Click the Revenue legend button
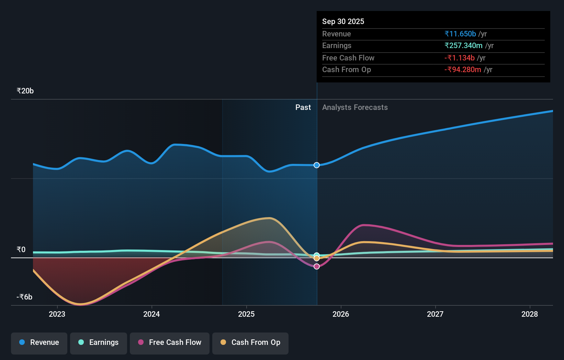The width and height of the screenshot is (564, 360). [x=39, y=342]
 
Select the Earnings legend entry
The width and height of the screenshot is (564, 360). [x=99, y=342]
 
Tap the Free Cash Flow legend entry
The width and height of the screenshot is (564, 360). [x=170, y=342]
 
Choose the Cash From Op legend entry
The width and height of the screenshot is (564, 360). [x=250, y=342]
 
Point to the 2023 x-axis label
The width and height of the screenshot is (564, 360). [x=57, y=314]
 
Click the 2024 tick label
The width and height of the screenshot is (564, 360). [x=151, y=314]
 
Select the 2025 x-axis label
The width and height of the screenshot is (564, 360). [x=246, y=314]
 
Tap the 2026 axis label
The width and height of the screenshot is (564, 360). [x=341, y=314]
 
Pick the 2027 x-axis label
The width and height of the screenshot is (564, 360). [x=435, y=314]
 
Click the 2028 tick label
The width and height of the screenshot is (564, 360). [x=530, y=314]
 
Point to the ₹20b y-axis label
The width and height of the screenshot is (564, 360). [x=25, y=91]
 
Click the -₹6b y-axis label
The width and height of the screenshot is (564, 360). [x=24, y=297]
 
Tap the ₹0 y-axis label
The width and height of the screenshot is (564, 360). [x=21, y=250]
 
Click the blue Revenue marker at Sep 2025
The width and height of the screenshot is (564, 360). [x=317, y=165]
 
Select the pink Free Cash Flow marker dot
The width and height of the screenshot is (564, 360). [x=317, y=267]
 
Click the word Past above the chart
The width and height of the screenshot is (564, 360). [x=303, y=108]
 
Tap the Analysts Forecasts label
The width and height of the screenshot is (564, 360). [x=355, y=108]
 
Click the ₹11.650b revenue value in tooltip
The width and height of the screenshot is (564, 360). [x=460, y=34]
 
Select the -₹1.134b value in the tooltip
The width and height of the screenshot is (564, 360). [x=459, y=58]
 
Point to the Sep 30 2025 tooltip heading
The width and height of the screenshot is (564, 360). [x=343, y=22]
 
